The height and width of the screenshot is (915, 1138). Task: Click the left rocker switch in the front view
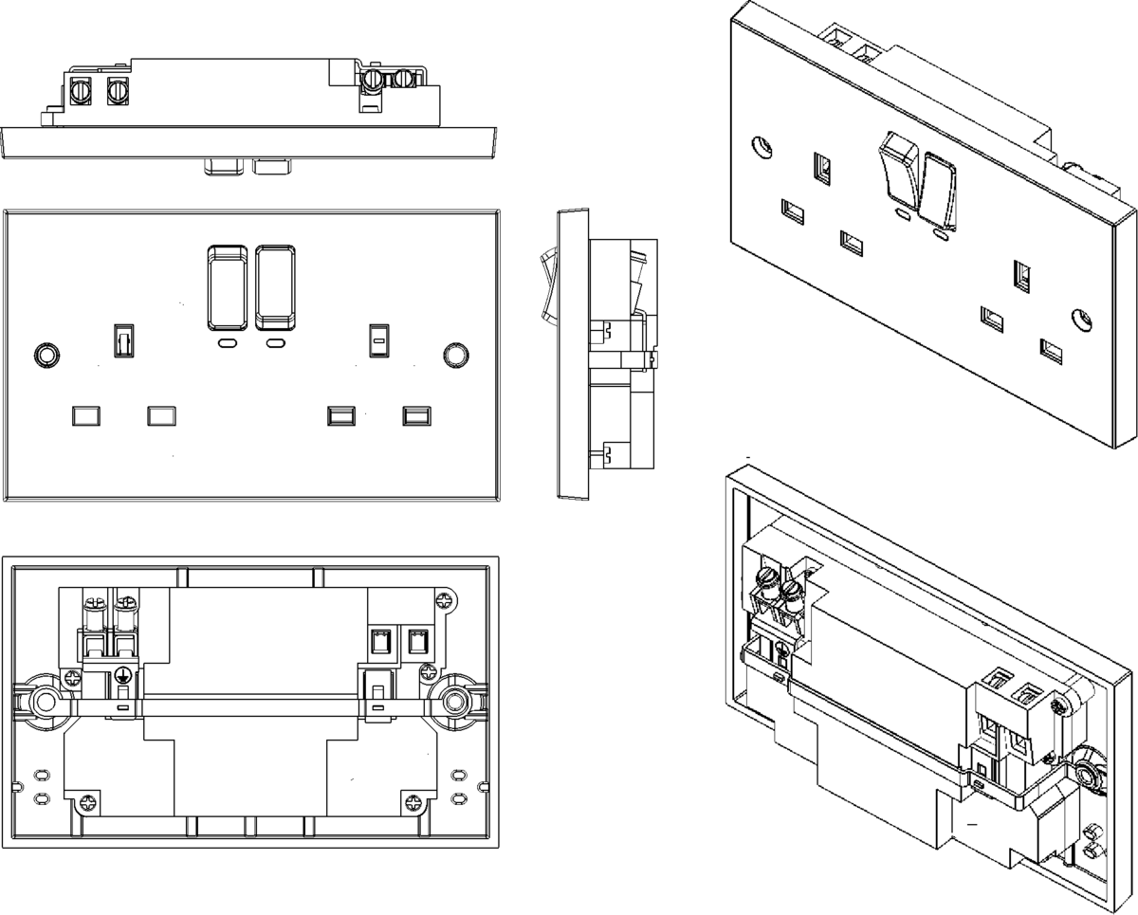(226, 286)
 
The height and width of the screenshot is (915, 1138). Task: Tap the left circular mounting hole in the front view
(45, 355)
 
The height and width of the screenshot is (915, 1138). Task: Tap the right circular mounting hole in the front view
(455, 355)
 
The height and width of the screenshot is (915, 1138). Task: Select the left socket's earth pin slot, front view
(123, 339)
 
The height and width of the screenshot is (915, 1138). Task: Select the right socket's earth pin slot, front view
(377, 339)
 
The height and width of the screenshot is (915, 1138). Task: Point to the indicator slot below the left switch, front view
(228, 343)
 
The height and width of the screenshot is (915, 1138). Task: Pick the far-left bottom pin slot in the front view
(85, 415)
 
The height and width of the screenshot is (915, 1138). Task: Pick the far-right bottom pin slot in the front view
(416, 415)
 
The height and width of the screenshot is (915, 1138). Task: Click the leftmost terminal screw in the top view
(80, 91)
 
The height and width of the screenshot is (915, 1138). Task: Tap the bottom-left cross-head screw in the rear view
(89, 801)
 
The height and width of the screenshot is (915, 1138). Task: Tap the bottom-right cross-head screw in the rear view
(413, 801)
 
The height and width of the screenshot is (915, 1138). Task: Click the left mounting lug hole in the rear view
(44, 702)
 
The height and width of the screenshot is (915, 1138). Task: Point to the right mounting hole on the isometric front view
(1080, 318)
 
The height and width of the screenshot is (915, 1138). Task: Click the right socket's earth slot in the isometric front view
(1023, 275)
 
